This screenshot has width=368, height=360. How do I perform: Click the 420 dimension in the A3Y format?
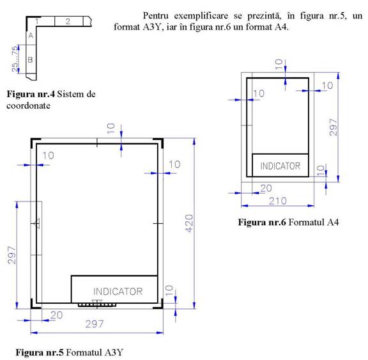tap(189, 223)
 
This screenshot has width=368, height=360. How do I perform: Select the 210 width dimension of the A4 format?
tap(278, 201)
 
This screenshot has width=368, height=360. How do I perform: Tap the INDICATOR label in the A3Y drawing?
tap(118, 292)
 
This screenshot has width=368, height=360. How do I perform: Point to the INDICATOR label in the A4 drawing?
tap(280, 166)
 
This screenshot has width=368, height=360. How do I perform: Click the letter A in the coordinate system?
tap(31, 36)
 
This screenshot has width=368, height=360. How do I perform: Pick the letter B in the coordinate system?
tap(30, 59)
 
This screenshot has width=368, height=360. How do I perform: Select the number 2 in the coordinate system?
tap(68, 21)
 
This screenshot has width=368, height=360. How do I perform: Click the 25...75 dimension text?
tap(15, 59)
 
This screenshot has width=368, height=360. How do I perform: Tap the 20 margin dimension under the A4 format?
tap(266, 188)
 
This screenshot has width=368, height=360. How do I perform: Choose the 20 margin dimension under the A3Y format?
tap(57, 315)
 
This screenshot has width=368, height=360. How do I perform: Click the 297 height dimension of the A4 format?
tap(333, 127)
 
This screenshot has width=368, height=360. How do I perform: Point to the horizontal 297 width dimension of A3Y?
tap(95, 324)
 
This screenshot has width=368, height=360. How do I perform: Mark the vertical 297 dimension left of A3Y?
tap(11, 255)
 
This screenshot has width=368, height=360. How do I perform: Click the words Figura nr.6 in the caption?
tap(262, 222)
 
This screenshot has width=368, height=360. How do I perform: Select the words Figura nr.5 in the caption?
tap(40, 352)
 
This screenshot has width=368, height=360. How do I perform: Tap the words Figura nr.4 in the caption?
tap(31, 94)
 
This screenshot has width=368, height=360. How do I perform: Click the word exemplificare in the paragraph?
tap(201, 16)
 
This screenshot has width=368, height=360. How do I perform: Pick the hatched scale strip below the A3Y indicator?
tap(97, 305)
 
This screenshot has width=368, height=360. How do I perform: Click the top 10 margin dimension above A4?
tap(279, 64)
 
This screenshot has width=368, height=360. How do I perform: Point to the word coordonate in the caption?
tap(28, 106)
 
